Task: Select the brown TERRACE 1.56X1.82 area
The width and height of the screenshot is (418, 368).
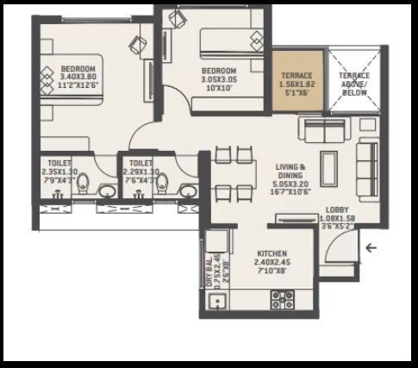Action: (297, 82)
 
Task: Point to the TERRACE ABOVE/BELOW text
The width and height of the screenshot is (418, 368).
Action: (354, 84)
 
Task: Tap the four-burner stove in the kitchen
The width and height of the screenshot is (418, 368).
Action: (283, 299)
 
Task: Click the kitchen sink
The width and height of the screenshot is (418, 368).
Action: (217, 302)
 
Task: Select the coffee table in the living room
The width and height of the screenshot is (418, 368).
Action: (328, 165)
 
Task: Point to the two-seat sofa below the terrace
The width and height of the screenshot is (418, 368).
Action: (321, 130)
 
